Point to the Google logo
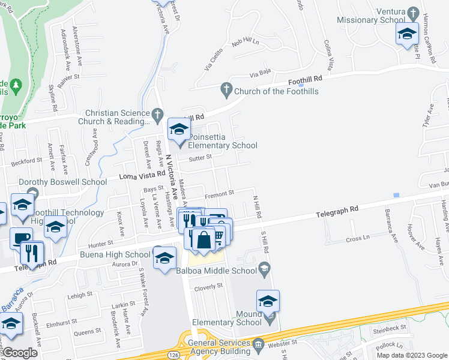(x=20, y=352)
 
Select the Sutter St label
(x=201, y=158)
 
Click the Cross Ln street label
(x=357, y=239)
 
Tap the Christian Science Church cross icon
(x=157, y=113)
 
